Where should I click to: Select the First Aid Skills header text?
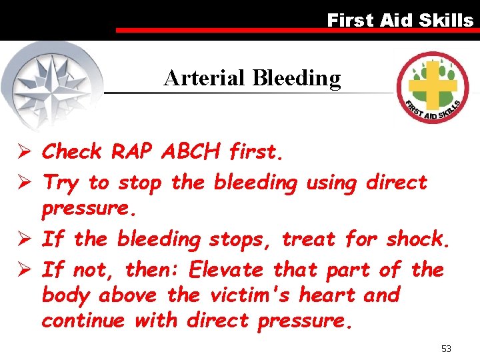[400, 20]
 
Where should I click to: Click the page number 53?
[446, 349]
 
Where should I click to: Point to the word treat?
[311, 238]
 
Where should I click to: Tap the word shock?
[419, 238]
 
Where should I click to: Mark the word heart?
[323, 295]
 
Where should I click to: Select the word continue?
[83, 321]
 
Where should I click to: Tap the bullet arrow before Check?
[27, 152]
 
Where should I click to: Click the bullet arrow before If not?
[27, 270]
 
